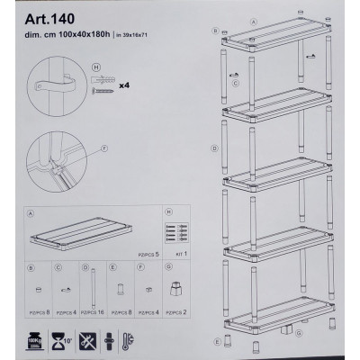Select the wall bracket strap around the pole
57,85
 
